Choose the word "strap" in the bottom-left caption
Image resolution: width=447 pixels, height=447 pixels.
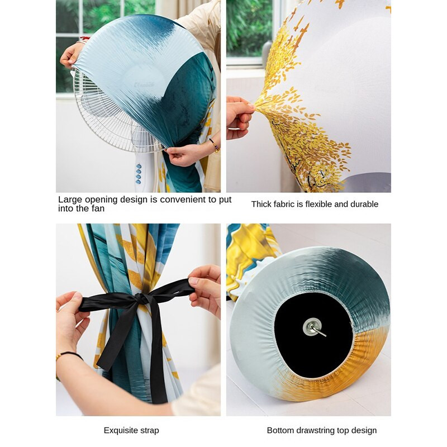click(149, 431)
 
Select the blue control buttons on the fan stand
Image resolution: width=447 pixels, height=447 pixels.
click(139, 174)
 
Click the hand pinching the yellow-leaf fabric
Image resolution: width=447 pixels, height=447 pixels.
click(240, 117)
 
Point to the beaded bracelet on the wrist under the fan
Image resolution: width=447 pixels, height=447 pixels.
click(215, 145)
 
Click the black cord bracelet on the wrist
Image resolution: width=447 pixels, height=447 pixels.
click(70, 355)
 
